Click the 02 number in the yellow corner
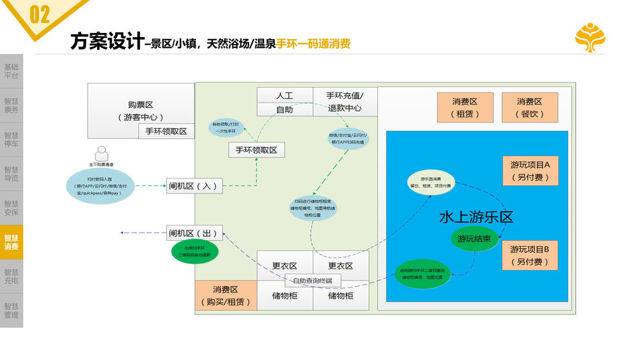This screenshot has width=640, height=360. coord(39,14)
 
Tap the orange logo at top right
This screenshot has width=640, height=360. coord(589,38)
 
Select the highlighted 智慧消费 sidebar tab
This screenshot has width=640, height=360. coord(11,242)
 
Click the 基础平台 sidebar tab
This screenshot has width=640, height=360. coord(11,71)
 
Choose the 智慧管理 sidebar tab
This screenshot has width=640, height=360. coord(11,310)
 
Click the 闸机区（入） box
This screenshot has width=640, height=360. coord(195,185)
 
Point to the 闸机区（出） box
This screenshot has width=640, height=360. coord(195,233)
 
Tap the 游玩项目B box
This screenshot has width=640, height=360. coord(530,255)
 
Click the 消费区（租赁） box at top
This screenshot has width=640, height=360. coord(464,107)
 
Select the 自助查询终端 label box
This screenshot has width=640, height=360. coord(313,280)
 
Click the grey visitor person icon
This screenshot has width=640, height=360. coord(102,153)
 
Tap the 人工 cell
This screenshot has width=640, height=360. coord(284,96)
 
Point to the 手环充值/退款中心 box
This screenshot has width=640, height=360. coord(345,102)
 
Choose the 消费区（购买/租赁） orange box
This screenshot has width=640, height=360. coord(226,295)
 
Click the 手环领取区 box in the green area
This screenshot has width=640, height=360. coord(256,150)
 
